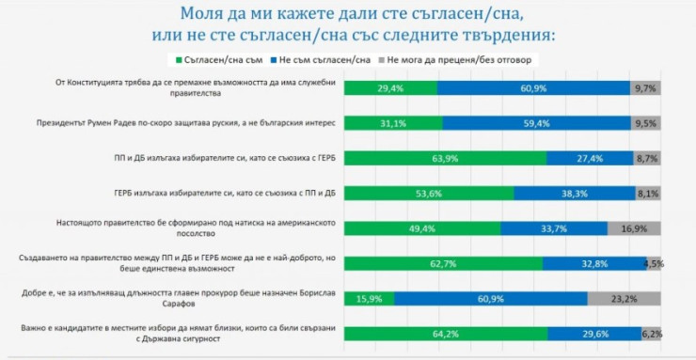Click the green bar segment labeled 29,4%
tap(390, 87)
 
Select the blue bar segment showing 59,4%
tap(534, 122)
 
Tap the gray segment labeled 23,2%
tap(625, 298)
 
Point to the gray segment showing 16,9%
tap(635, 227)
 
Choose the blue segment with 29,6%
tap(594, 333)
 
